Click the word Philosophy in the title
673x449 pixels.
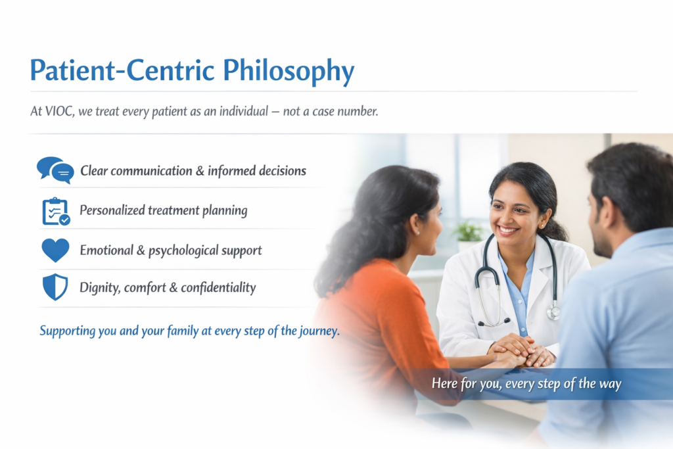coord(289,71)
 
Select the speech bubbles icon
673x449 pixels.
coord(55,170)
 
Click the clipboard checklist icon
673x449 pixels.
coord(56,211)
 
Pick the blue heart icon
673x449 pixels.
coord(55,250)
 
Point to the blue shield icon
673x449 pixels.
coord(55,287)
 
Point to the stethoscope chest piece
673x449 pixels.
coord(553,312)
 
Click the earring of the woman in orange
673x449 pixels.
coord(418,233)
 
